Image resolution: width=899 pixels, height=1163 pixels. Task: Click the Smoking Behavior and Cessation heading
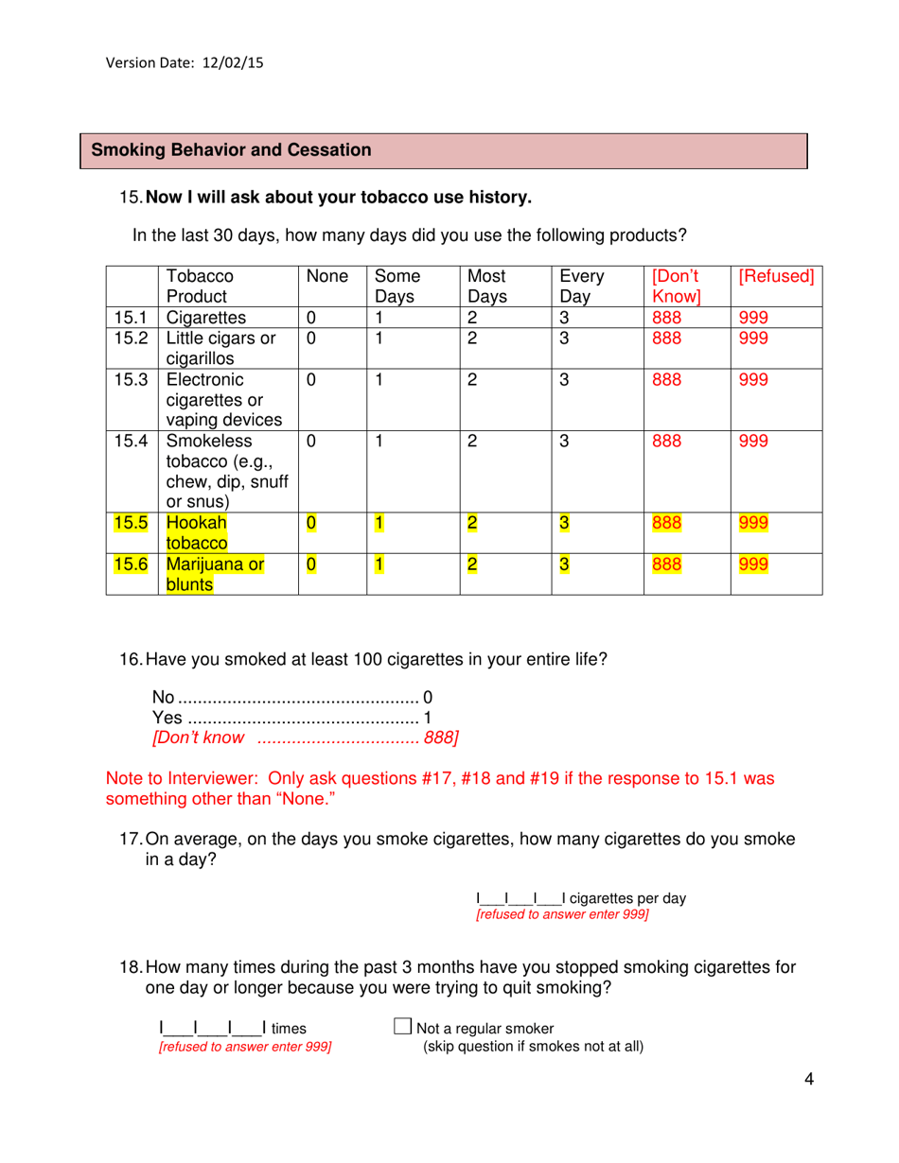pyautogui.click(x=231, y=150)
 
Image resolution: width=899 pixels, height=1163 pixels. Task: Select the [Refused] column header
pyautogui.click(x=776, y=277)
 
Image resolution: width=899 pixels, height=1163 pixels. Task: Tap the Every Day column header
pyautogui.click(x=582, y=286)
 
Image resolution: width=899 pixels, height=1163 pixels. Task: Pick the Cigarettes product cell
pyautogui.click(x=206, y=318)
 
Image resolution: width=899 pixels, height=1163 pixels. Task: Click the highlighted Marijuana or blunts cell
pyautogui.click(x=215, y=575)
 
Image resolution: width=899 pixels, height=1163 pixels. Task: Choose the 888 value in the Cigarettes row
pyautogui.click(x=667, y=318)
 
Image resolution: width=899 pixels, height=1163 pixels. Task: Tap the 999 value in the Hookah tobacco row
pyautogui.click(x=752, y=523)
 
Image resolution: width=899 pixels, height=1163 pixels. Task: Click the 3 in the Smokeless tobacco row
pyautogui.click(x=565, y=442)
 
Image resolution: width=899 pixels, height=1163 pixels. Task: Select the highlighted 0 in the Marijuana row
pyautogui.click(x=309, y=565)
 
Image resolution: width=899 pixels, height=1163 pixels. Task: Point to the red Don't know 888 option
pyautogui.click(x=305, y=738)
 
